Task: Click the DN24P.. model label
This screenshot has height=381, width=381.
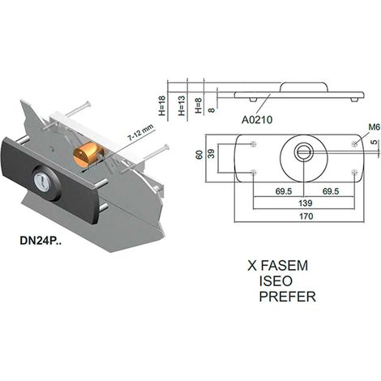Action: click(x=41, y=241)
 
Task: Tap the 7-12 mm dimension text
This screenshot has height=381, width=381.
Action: click(x=140, y=133)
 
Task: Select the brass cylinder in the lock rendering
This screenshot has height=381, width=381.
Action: click(x=88, y=155)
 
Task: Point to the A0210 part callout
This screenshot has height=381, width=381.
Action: click(x=257, y=119)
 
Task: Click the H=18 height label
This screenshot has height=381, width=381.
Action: click(x=161, y=105)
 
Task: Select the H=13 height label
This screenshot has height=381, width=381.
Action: click(x=182, y=105)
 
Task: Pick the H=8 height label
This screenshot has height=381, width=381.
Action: click(x=199, y=105)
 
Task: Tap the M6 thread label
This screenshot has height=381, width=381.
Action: click(x=374, y=127)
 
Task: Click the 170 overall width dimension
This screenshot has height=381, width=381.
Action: click(x=306, y=216)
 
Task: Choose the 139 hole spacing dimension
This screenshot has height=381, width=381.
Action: click(x=306, y=203)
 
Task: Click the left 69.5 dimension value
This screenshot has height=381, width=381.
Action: click(x=284, y=191)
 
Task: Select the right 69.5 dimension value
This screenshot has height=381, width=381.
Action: click(x=331, y=191)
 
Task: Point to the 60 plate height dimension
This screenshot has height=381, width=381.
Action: click(x=199, y=155)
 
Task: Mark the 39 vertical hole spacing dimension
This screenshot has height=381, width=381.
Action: click(x=212, y=153)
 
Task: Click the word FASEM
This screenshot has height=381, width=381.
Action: click(x=285, y=266)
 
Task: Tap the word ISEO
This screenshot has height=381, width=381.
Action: click(x=276, y=281)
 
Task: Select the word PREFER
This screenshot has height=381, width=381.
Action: click(x=288, y=297)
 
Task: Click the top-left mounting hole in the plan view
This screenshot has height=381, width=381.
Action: click(x=253, y=144)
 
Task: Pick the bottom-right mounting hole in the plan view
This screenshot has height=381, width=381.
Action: click(x=354, y=172)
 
